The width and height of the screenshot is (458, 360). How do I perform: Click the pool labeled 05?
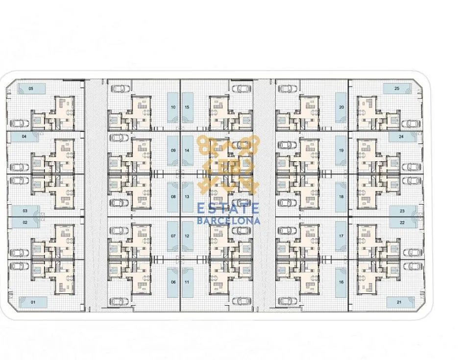31,89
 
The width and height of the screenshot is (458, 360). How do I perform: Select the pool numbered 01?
33,302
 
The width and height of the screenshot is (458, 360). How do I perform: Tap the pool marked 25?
397,89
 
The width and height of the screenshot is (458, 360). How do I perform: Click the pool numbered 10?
172,107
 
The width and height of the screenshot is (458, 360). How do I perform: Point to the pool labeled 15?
187,107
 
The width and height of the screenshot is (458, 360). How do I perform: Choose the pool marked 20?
341,107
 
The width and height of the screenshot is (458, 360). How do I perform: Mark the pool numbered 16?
341,282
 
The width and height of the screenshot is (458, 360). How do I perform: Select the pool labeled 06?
173,282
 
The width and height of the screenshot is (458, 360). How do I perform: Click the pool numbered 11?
187,282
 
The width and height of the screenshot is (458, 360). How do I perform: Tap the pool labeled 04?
24,136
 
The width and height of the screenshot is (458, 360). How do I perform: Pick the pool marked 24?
402,136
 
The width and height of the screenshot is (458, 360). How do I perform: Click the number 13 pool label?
187,196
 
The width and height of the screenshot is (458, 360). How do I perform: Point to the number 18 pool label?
341,196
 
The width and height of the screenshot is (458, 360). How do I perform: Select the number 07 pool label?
173,236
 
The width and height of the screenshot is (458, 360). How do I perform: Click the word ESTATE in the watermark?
228,209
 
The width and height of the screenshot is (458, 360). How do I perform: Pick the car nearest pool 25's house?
412,124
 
